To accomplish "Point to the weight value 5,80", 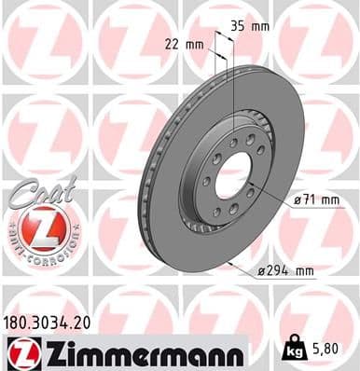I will (334, 352).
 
